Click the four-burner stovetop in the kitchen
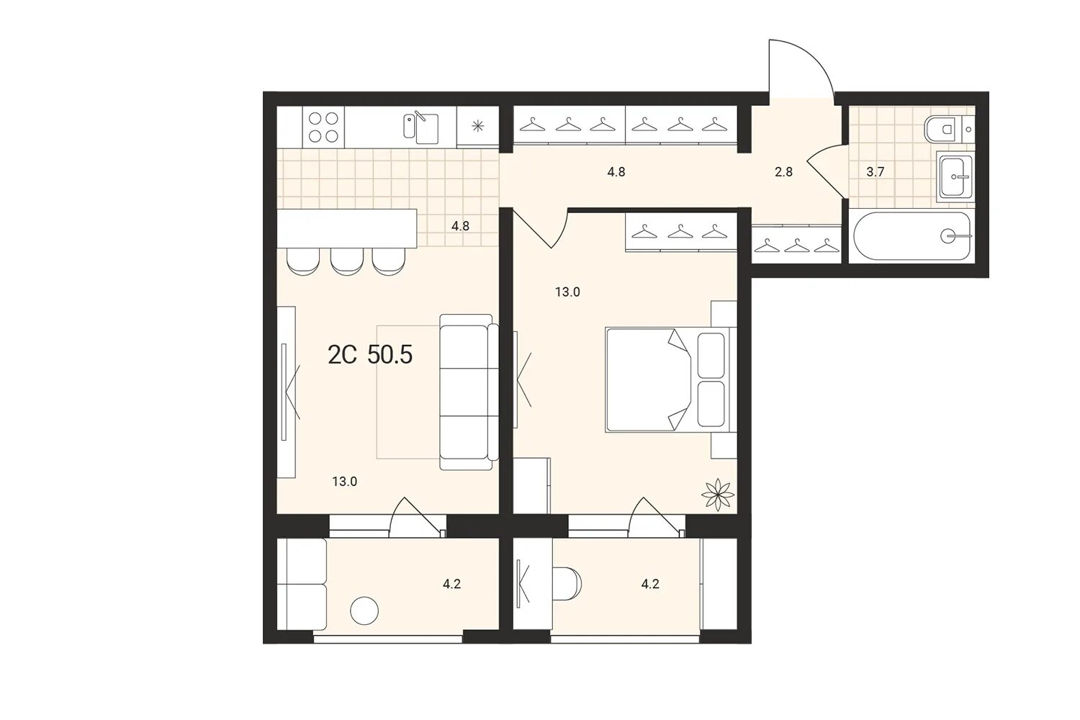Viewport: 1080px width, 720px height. pos(323,127)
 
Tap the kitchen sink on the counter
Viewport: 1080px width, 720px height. pos(421,128)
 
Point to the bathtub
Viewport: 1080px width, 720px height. pos(912,236)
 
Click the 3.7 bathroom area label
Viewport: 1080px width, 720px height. pos(875,171)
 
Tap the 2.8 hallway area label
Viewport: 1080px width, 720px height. pos(783,171)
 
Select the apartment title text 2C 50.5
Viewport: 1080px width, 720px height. pos(370,356)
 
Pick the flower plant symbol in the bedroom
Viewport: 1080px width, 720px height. pos(718,495)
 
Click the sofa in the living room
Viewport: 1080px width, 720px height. pos(469,392)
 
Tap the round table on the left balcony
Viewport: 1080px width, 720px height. pos(364,611)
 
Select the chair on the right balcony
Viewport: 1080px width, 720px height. pos(567,584)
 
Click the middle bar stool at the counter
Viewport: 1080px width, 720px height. pos(346,262)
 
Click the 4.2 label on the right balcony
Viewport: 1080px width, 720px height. pos(650,584)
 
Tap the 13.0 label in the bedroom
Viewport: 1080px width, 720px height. pos(567,292)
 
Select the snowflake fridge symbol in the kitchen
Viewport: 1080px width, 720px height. pos(477,127)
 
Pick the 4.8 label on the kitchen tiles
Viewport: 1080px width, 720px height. pos(461,226)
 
